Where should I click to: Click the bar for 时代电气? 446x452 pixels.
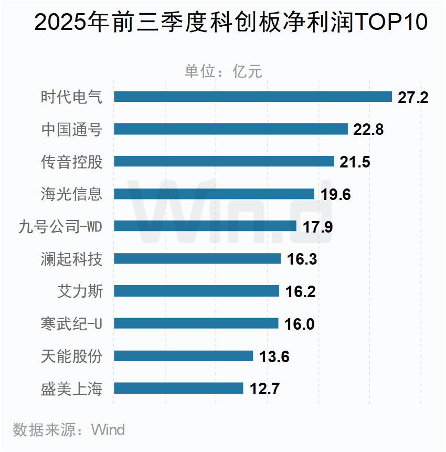252,97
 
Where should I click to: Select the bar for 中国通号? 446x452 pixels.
231,129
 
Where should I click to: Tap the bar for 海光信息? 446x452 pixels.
214,194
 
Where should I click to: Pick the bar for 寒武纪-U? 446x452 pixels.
196,323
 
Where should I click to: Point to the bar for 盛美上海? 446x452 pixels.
178,388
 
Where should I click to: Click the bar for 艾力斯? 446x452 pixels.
196,291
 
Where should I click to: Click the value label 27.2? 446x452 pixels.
413,97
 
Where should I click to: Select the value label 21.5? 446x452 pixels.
355,162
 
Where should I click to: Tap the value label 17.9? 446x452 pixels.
317,227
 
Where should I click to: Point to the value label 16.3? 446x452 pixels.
302,259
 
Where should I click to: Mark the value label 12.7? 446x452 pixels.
264,389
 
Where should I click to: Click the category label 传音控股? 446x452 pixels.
72,162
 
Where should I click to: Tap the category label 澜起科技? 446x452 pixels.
72,259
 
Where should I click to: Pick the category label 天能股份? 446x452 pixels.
72,356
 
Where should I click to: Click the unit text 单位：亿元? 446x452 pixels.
223,71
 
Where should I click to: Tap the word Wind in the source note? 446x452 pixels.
108,430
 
